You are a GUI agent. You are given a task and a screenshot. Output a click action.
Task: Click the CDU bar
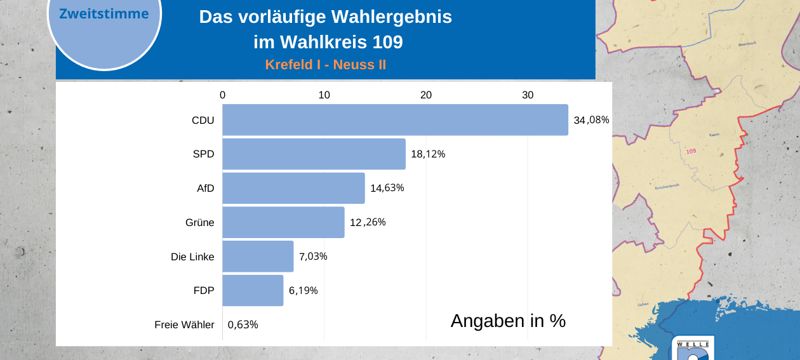pyautogui.click(x=395, y=120)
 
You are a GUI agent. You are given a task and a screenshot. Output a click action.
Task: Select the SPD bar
pyautogui.click(x=314, y=154)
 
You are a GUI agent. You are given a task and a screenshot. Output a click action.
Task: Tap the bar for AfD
pyautogui.click(x=293, y=188)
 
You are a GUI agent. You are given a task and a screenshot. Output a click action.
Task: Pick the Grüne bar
pyautogui.click(x=283, y=222)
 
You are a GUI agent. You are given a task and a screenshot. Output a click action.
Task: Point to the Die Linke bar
pyautogui.click(x=258, y=257)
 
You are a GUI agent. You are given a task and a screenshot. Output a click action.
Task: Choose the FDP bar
pyautogui.click(x=253, y=291)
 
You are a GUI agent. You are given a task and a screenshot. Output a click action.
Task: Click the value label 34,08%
pyautogui.click(x=591, y=120)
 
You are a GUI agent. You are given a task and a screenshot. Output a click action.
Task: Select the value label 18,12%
pyautogui.click(x=428, y=154)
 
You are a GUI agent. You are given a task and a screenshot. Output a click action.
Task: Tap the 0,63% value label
pyautogui.click(x=243, y=325)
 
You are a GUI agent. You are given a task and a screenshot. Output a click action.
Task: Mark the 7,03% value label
pyautogui.click(x=313, y=257)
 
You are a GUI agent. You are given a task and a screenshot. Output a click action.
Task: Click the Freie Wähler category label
pyautogui.click(x=184, y=325)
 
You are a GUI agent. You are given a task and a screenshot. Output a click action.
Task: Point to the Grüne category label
pyautogui.click(x=199, y=222)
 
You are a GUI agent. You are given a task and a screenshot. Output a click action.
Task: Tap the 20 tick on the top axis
pyautogui.click(x=426, y=95)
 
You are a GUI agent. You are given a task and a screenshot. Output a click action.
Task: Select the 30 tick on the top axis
pyautogui.click(x=528, y=95)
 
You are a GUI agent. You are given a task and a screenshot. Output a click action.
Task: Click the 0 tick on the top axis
pyautogui.click(x=222, y=95)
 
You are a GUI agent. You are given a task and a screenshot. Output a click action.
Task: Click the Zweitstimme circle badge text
pyautogui.click(x=104, y=14)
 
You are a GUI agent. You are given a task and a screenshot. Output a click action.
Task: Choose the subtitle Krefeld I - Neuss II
pyautogui.click(x=325, y=65)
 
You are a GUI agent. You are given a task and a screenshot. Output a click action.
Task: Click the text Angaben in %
pyautogui.click(x=508, y=321)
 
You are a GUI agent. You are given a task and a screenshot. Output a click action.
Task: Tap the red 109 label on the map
pyautogui.click(x=691, y=151)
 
